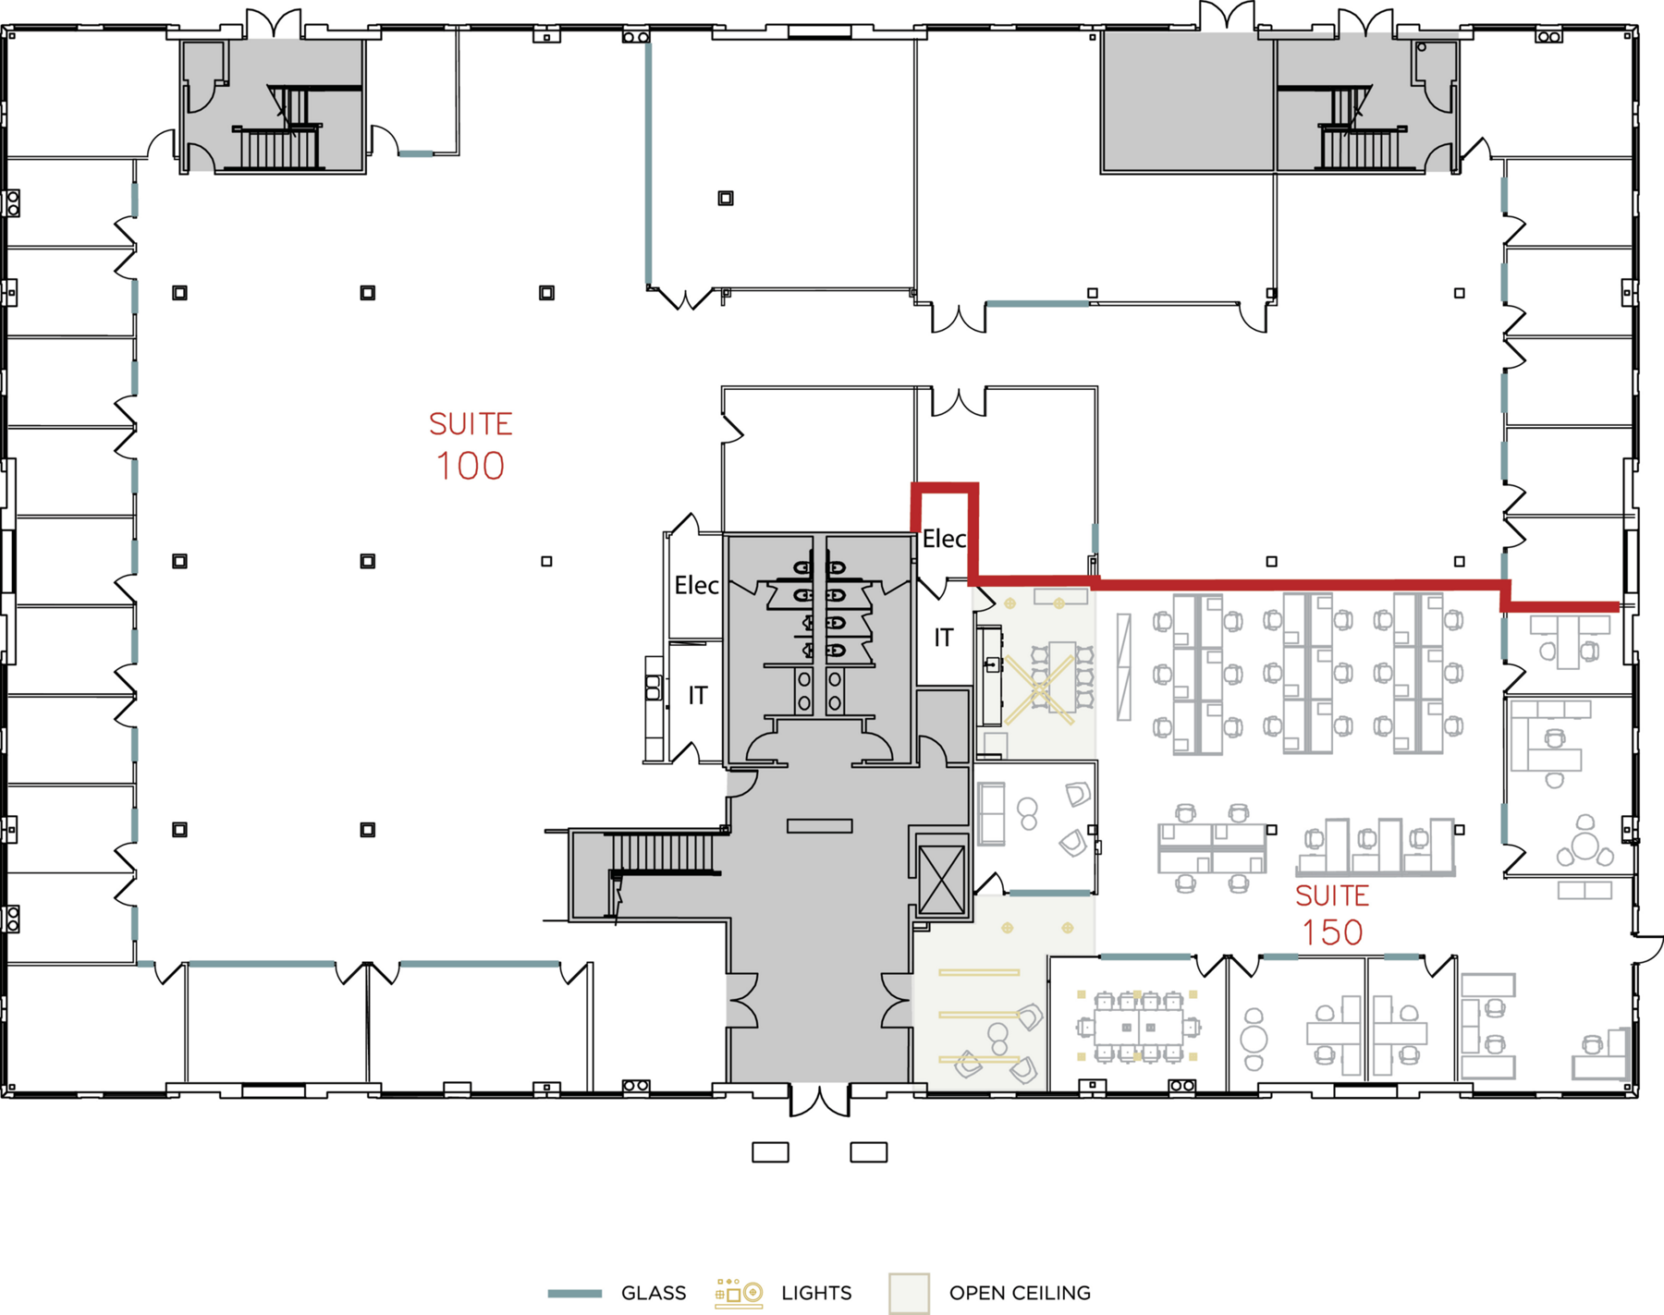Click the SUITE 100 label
470,446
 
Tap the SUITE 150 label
1332,914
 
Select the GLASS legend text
654,1293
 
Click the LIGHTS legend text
816,1293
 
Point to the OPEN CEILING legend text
1020,1293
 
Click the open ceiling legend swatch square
909,1293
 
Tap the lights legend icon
739,1293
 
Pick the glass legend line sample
574,1294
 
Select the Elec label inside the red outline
944,539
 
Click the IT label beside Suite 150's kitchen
943,638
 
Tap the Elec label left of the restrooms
696,585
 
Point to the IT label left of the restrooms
698,695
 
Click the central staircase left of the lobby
664,852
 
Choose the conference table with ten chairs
1138,1027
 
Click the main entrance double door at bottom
819,1099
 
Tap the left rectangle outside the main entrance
770,1152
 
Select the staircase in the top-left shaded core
275,129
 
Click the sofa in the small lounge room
992,813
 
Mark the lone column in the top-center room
726,198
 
